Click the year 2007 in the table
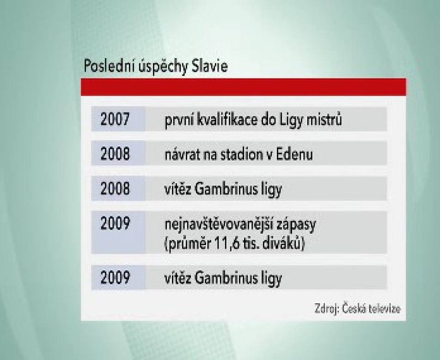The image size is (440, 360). (115, 119)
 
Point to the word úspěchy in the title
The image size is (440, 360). (163, 67)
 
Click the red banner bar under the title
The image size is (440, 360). (243, 87)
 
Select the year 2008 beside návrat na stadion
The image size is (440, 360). (115, 154)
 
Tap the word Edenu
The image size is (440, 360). (294, 154)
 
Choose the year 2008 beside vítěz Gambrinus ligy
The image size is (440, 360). (115, 189)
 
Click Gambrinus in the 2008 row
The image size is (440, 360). (226, 189)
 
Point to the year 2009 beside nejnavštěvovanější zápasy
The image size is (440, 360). (115, 223)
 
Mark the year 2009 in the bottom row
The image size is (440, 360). (115, 277)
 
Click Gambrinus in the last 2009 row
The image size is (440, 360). (226, 278)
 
